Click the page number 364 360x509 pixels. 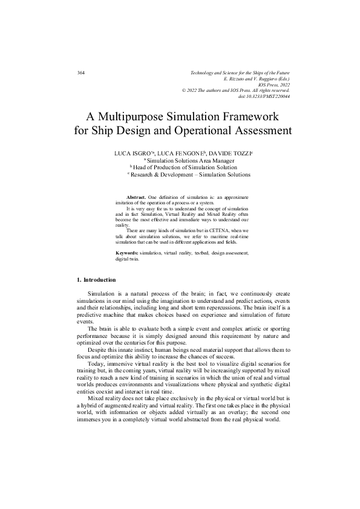[80, 73]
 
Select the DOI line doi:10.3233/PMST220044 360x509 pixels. [264, 96]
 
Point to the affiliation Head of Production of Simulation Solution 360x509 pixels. [180, 168]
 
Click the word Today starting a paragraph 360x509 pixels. [95, 365]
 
